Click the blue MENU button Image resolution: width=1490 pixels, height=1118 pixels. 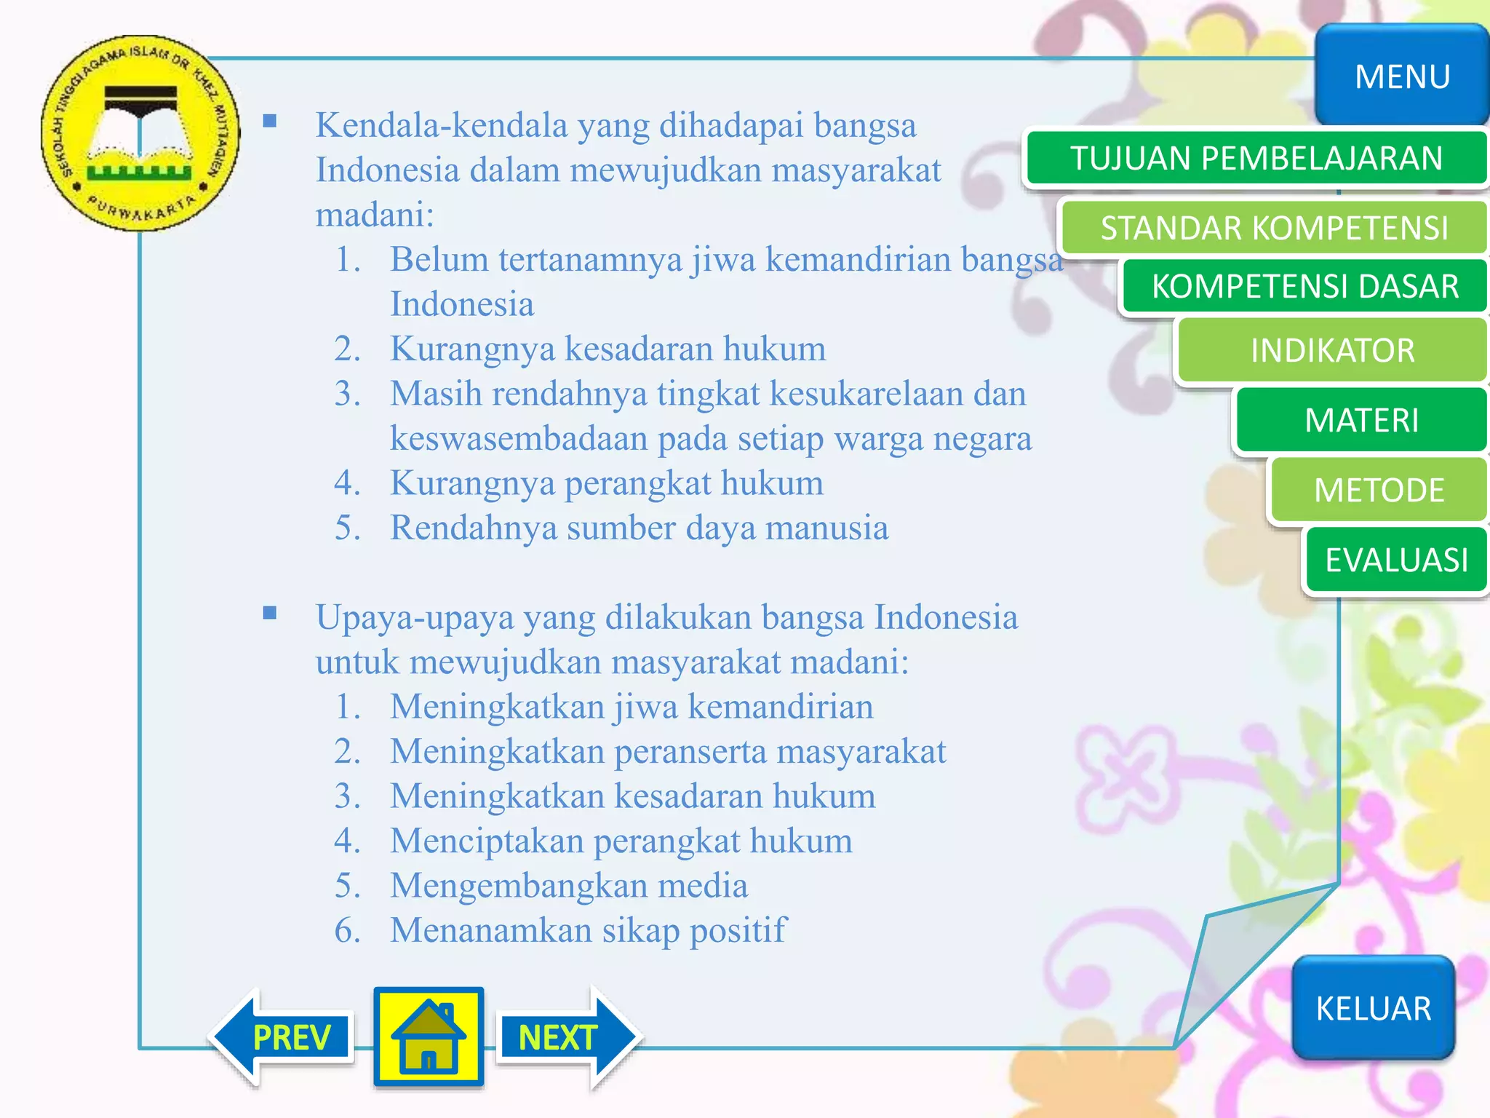pyautogui.click(x=1402, y=76)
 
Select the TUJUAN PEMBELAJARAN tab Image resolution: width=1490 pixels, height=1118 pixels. pyautogui.click(x=1256, y=158)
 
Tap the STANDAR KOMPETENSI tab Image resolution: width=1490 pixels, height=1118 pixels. pyautogui.click(x=1274, y=228)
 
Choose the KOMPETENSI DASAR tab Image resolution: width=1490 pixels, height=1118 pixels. pyautogui.click(x=1304, y=286)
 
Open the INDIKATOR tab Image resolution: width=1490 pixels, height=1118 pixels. pyautogui.click(x=1332, y=350)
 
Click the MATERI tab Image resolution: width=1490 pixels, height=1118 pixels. pyautogui.click(x=1361, y=420)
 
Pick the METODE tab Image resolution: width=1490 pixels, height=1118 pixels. pyautogui.click(x=1379, y=490)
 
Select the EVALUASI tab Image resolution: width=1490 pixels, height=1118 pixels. pyautogui.click(x=1396, y=560)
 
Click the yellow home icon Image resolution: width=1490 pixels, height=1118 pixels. pyautogui.click(x=429, y=1036)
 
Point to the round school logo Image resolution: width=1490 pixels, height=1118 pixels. pyautogui.click(x=140, y=133)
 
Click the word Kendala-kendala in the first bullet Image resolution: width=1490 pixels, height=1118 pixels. pyautogui.click(x=441, y=125)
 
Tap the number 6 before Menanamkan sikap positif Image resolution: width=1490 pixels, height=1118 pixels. pyautogui.click(x=346, y=930)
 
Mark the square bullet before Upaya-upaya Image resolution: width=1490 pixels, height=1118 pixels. pyautogui.click(x=270, y=613)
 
